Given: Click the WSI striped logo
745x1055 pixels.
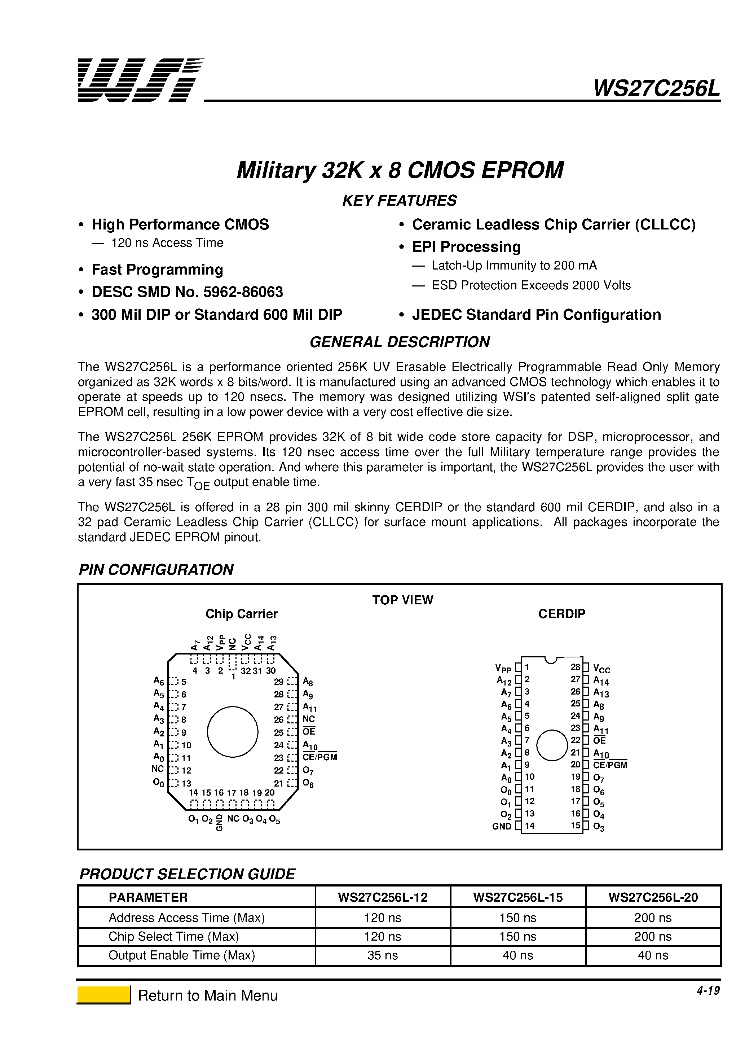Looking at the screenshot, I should pyautogui.click(x=140, y=80).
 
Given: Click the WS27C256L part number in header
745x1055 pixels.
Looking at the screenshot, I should pyautogui.click(x=656, y=88).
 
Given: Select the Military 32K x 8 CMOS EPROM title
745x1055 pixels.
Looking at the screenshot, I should pyautogui.click(x=400, y=170).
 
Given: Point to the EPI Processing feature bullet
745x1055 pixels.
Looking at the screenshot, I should pyautogui.click(x=466, y=247).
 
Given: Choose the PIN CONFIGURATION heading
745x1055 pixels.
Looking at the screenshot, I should pyautogui.click(x=156, y=569).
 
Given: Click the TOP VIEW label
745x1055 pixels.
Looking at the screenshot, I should pyautogui.click(x=402, y=600).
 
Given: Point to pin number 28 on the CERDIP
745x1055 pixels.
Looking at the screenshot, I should pyautogui.click(x=576, y=667).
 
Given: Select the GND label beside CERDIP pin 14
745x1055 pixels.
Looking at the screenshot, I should pyautogui.click(x=502, y=826).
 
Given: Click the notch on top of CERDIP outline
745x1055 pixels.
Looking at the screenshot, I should pyautogui.click(x=550, y=660).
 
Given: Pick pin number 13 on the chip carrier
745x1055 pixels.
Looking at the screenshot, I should pyautogui.click(x=186, y=783).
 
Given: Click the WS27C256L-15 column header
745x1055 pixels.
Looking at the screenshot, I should pyautogui.click(x=518, y=897).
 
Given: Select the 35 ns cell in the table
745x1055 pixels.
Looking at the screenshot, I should pyautogui.click(x=382, y=955).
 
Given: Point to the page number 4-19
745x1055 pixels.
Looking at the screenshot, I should pyautogui.click(x=708, y=991).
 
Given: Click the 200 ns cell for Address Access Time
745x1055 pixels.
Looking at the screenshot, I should pyautogui.click(x=652, y=918).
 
